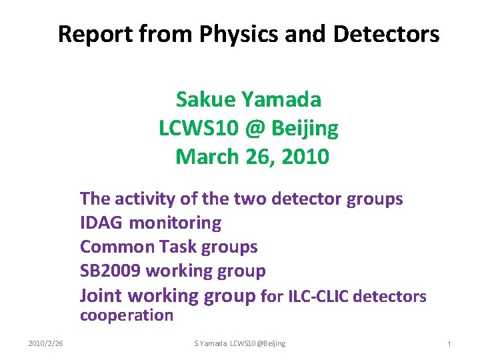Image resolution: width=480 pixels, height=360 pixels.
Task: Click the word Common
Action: point(117,247)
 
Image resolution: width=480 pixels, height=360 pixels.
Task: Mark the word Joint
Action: point(101,295)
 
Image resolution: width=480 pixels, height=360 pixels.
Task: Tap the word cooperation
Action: point(127,315)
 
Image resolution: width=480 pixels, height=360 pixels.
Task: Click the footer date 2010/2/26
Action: point(46,343)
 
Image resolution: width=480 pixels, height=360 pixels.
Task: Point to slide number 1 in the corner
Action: point(449,344)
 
